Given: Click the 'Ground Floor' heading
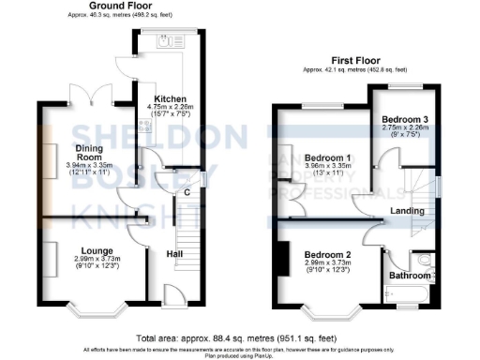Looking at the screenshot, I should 122,7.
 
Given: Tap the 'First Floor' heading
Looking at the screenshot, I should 353,58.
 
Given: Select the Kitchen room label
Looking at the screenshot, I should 170,98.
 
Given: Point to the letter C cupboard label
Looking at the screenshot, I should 187,193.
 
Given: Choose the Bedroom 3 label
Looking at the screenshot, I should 404,121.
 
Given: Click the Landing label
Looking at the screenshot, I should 406,211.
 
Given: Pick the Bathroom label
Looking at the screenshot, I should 411,277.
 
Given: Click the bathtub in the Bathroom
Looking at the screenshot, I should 412,299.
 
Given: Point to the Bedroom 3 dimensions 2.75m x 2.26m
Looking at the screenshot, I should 404,131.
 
